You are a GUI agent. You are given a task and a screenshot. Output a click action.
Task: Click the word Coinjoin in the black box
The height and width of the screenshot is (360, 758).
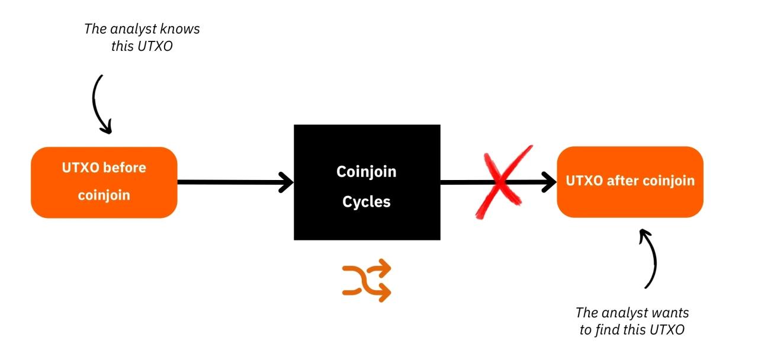coord(367,172)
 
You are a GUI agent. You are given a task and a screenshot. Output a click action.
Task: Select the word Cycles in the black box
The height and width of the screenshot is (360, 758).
coord(367,202)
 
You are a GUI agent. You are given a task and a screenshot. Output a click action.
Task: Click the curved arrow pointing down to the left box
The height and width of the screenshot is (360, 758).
coord(99,104)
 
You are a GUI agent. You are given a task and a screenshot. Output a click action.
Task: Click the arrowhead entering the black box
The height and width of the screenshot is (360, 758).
coord(285,182)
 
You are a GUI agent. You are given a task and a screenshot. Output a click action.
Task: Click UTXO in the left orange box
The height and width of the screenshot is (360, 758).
coord(81,168)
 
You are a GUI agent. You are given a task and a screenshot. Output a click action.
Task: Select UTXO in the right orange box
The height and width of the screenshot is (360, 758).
coord(584,181)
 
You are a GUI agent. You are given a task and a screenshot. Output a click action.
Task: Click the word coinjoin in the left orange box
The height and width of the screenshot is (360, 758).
coord(104,195)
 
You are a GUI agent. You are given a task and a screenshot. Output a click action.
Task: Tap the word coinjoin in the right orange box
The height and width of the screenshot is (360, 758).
coord(666,181)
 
